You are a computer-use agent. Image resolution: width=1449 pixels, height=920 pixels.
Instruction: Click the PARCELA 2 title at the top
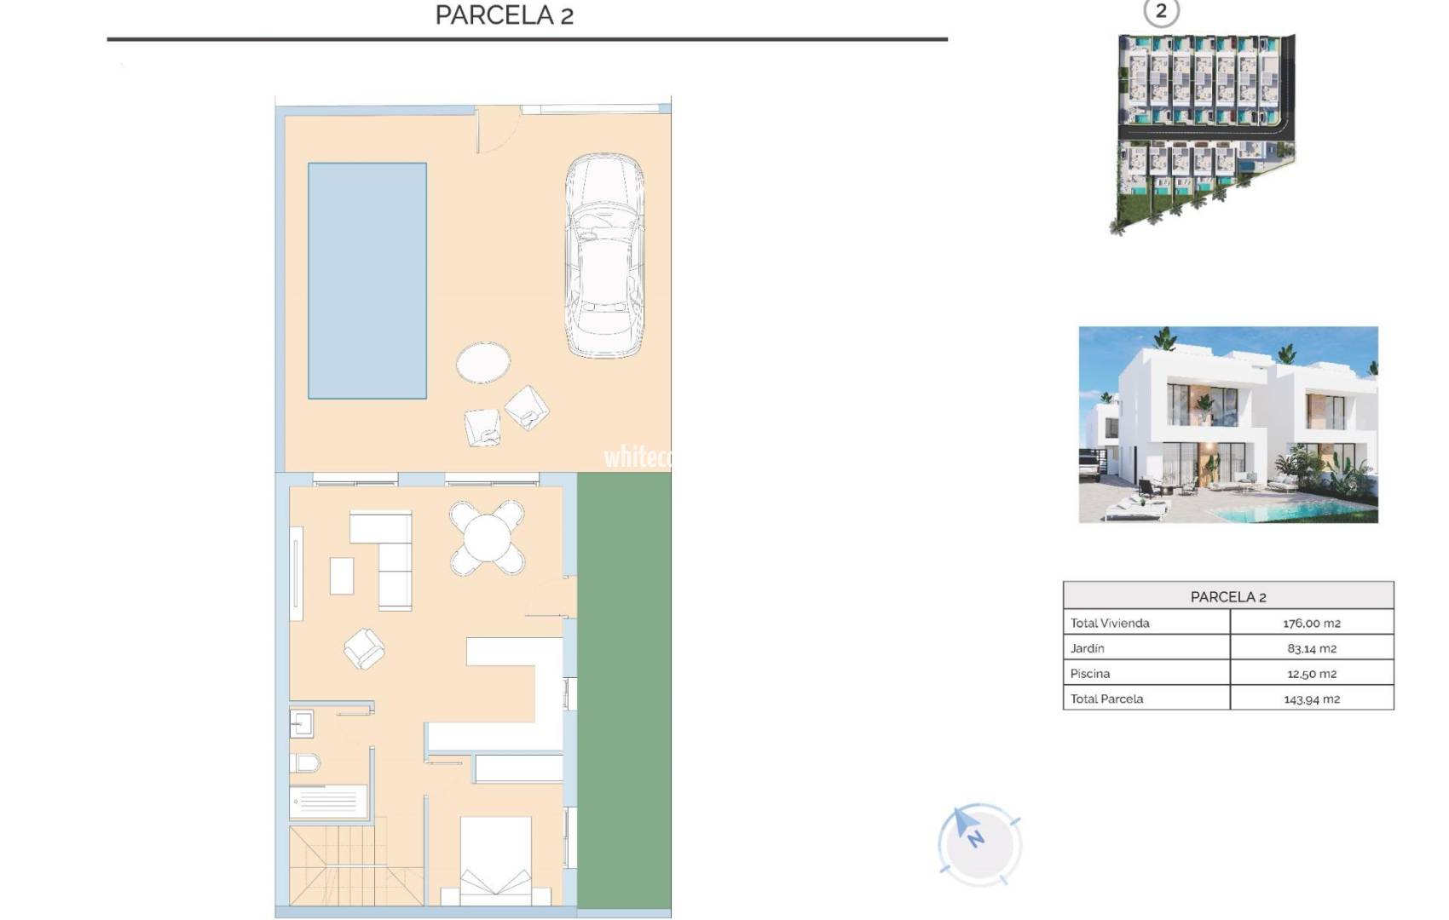pos(504,15)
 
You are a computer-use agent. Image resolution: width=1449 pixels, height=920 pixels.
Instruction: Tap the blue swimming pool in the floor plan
pos(367,280)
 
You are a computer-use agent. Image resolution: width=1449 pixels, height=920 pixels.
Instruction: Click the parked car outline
pos(603,256)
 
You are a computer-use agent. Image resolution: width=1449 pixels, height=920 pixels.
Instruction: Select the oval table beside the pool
pos(483,363)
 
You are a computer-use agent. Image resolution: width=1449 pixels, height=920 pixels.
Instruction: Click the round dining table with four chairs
pos(487,538)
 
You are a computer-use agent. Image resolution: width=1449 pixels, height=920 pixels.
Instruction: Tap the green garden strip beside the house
pos(624,690)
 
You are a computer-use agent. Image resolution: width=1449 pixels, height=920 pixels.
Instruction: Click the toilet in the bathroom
pos(304,762)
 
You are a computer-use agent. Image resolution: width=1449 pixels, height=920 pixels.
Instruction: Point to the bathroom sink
pos(301,724)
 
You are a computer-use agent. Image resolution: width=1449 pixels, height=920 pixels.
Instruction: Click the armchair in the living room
pos(364,648)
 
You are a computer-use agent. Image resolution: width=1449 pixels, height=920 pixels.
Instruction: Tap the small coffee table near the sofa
pos(341,576)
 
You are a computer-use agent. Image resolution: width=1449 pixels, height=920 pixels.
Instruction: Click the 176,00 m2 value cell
pos(1311,623)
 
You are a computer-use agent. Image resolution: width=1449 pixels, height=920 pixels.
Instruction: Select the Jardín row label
pos(1088,648)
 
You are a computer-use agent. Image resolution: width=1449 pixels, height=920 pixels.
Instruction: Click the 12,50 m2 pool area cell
pos(1311,674)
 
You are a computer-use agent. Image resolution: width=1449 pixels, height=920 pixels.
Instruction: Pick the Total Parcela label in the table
pos(1106,699)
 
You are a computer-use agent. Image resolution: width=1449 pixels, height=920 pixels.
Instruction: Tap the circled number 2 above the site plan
pos(1160,12)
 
